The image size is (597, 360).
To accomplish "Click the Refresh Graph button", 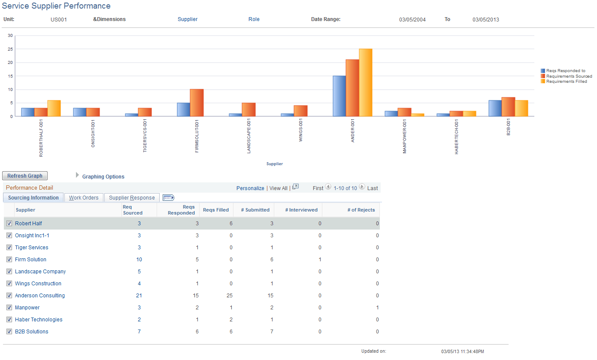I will tap(25, 176).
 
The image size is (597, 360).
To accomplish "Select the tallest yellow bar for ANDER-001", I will tap(366, 82).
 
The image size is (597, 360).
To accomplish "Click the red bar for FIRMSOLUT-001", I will tap(197, 103).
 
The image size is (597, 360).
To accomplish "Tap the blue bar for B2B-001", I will tap(495, 108).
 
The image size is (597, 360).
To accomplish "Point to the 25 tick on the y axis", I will tap(10, 49).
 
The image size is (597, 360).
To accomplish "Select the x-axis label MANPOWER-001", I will tap(405, 136).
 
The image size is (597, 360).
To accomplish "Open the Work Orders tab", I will tap(84, 198).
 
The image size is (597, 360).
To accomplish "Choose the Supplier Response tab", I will tap(132, 198).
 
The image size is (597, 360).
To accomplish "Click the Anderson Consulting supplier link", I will tap(40, 296).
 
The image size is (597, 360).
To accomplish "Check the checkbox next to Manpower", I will tap(9, 308).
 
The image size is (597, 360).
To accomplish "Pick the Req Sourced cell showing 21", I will tap(139, 296).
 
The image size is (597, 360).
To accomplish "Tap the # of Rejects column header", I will tap(361, 210).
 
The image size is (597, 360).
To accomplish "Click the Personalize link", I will tap(250, 188).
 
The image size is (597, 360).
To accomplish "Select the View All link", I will tap(278, 188).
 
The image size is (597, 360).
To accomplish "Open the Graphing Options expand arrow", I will tap(78, 175).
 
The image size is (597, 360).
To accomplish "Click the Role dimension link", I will tap(254, 19).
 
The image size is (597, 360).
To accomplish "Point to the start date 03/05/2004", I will tap(412, 20).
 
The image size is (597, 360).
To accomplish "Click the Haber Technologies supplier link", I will tap(39, 320).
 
